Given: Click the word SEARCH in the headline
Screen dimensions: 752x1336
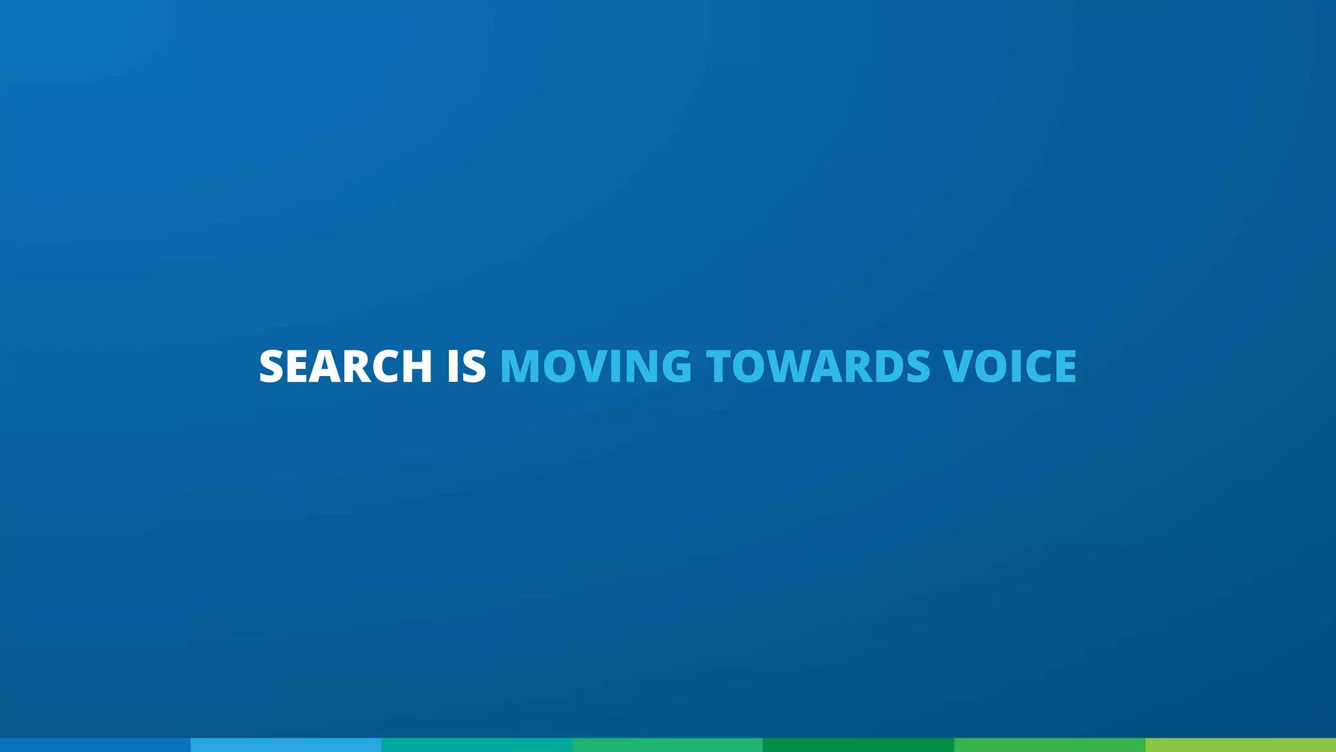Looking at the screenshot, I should coord(345,366).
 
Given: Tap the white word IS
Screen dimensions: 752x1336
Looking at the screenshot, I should coord(466,366).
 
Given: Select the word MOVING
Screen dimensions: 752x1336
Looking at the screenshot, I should coord(596,366).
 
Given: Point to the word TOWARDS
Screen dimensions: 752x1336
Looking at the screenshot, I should coord(818,366).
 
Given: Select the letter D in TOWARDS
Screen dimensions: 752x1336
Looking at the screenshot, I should coord(890,366).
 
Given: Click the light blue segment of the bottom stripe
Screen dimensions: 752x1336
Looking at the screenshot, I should coord(286,745).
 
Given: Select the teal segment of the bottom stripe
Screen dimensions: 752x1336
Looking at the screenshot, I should coord(477,745).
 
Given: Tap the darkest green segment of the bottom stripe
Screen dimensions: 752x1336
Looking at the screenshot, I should coord(858,745).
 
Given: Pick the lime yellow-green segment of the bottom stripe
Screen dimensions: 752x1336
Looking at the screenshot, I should coord(1240,745).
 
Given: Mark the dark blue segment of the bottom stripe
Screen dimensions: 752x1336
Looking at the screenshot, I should coord(95,745).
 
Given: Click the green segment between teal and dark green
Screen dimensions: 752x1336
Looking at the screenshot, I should coord(667,745).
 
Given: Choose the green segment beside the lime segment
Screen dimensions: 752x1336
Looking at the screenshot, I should coord(1049,745).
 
